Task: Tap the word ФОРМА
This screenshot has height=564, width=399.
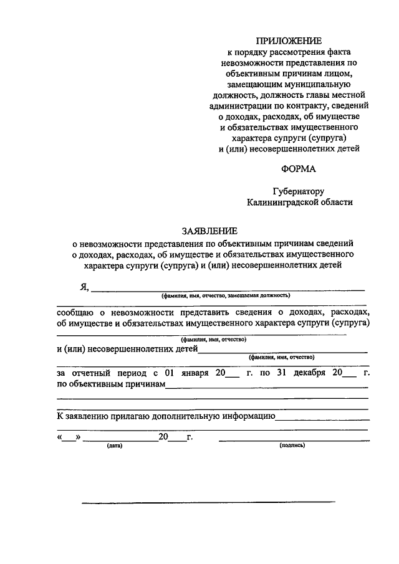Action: (x=298, y=168)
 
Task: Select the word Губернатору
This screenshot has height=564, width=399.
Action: (x=298, y=191)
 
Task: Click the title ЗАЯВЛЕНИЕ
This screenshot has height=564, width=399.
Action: (x=207, y=231)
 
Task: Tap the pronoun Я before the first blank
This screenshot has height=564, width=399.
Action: (x=83, y=287)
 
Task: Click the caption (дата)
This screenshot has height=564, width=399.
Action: (x=114, y=446)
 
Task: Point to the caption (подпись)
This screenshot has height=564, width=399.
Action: (x=291, y=446)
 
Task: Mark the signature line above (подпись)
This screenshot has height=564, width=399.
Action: (x=291, y=440)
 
